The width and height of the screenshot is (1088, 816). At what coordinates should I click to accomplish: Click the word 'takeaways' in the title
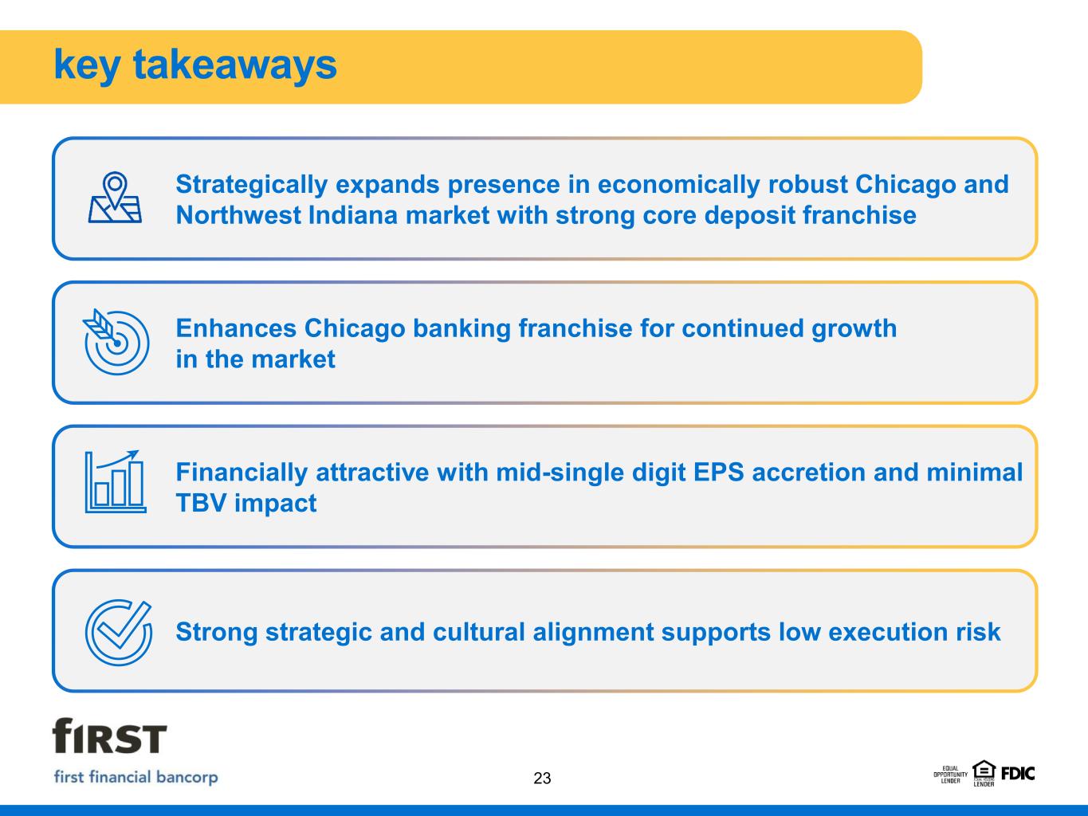coord(235,65)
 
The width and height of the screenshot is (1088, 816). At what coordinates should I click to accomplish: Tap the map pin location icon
coord(115,197)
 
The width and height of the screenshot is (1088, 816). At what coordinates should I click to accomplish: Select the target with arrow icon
coord(116,342)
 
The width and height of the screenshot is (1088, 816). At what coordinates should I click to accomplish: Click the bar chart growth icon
coord(116,481)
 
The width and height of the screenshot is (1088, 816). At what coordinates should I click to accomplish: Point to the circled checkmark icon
coord(119,632)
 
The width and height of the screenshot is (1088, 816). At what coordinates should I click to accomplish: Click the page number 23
coord(542,778)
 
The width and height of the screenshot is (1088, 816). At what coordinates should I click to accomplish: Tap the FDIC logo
coord(1018,774)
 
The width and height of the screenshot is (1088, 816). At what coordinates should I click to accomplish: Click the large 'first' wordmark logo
coord(109,736)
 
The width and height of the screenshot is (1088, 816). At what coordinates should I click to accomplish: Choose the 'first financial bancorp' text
coord(136,777)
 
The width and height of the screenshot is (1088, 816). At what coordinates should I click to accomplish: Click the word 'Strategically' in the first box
coord(252,185)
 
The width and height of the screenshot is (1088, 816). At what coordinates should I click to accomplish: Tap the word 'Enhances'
coord(237,328)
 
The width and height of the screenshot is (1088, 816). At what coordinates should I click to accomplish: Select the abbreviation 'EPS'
coord(719,473)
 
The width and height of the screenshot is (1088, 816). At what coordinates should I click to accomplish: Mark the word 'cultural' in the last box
coord(479,632)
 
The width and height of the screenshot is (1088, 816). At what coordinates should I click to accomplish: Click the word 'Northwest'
coord(238,215)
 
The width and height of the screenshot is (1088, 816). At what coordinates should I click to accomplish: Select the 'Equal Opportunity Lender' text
coord(950,775)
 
